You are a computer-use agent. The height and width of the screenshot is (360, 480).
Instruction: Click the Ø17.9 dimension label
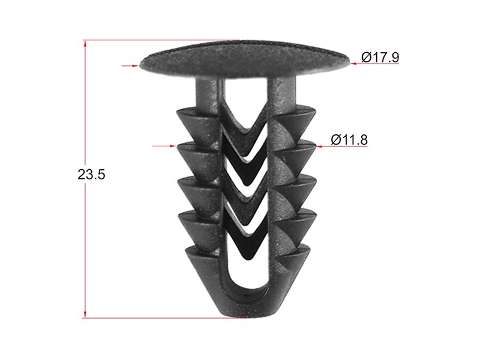[x=380, y=57]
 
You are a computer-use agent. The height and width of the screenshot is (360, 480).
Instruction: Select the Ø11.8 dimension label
[x=349, y=140]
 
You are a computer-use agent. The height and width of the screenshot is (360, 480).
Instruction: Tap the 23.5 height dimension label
[x=91, y=175]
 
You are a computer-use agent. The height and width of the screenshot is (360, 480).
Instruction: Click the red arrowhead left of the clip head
[x=135, y=65]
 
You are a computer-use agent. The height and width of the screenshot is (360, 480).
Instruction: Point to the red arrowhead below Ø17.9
[x=354, y=64]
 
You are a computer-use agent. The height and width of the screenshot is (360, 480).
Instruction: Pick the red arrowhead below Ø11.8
[x=320, y=146]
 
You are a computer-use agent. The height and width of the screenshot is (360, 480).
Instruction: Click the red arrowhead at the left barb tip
[x=173, y=146]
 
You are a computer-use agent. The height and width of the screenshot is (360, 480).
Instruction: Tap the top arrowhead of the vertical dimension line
[x=85, y=44]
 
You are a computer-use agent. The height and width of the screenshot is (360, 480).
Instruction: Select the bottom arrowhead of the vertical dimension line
[x=85, y=313]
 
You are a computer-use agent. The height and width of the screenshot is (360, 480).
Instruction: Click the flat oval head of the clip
[x=244, y=59]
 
